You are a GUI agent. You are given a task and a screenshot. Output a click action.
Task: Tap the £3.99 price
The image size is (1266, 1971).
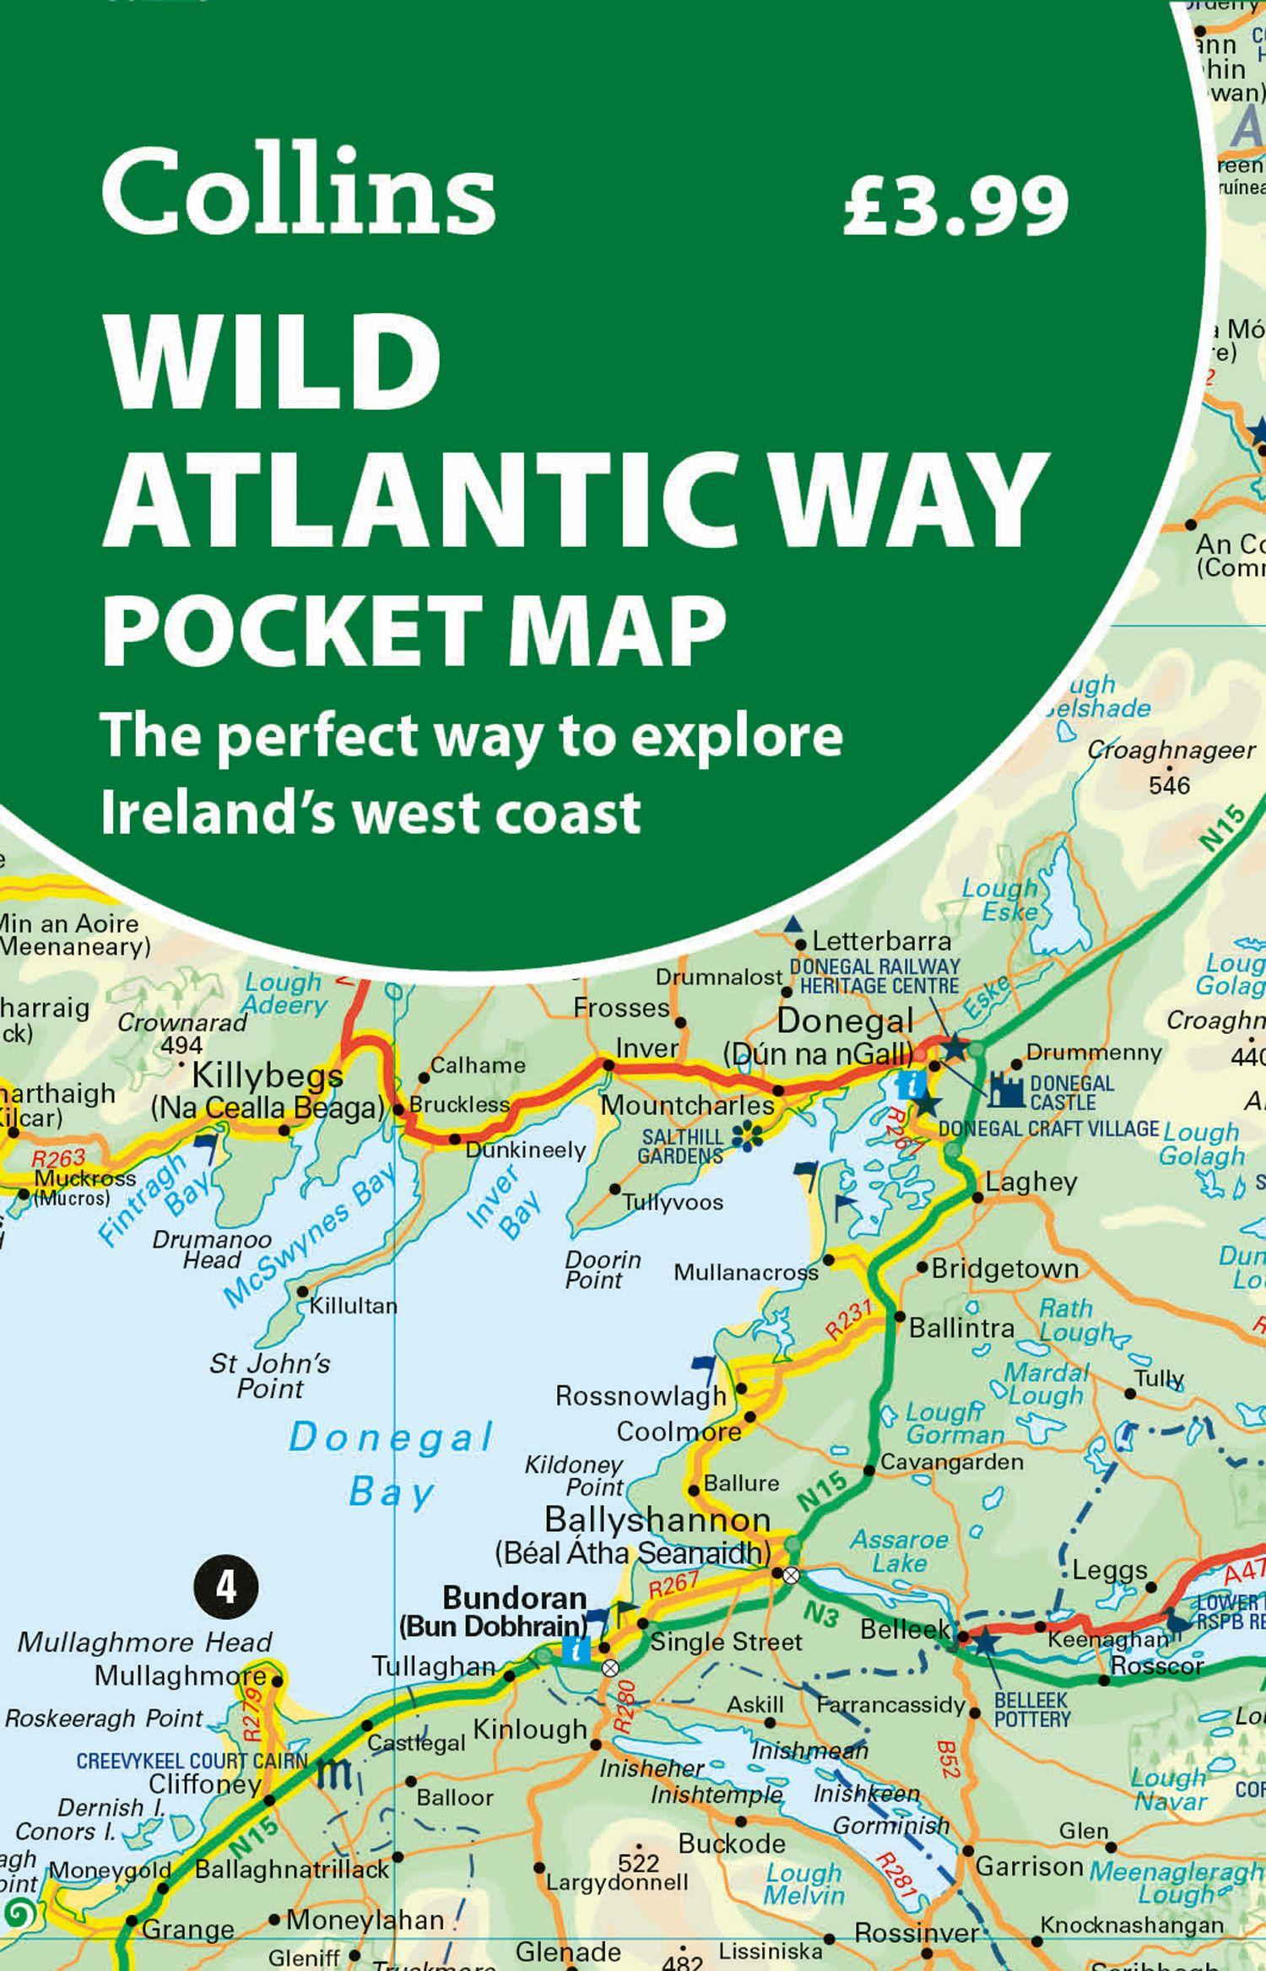tap(955, 207)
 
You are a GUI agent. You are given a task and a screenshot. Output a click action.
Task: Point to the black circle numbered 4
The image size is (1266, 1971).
tap(226, 1588)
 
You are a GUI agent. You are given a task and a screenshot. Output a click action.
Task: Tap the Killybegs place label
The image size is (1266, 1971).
tap(268, 1076)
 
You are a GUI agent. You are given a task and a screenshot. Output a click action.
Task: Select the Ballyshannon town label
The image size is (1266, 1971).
tap(657, 1519)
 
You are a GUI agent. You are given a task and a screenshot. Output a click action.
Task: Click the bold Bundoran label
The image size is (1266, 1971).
tap(514, 1598)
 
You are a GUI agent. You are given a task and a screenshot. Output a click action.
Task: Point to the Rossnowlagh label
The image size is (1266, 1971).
tap(641, 1396)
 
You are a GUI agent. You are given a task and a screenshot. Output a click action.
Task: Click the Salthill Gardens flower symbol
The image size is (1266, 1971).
tap(748, 1137)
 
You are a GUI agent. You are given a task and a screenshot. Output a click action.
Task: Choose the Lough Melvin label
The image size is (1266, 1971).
tap(803, 1884)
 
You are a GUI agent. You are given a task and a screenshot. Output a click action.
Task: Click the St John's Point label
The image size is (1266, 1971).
tap(270, 1375)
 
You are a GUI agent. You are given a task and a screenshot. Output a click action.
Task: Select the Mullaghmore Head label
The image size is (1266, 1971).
tap(144, 1642)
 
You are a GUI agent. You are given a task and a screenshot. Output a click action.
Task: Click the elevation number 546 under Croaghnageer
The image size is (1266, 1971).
tap(1169, 786)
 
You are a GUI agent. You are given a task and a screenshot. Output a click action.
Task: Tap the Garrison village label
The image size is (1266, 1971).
tap(1030, 1865)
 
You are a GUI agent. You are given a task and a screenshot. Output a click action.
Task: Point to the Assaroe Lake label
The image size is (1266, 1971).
tap(900, 1551)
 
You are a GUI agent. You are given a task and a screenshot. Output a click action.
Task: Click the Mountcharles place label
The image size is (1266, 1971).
tap(687, 1105)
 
